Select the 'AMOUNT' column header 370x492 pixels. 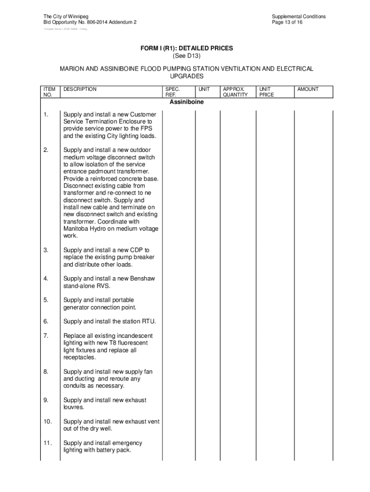pos(308,89)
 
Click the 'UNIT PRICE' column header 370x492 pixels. pos(267,92)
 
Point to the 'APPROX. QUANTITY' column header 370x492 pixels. pos(235,92)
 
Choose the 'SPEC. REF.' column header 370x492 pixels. pos(173,92)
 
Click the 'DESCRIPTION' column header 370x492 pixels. pos(80,89)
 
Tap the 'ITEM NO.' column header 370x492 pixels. pos(49,92)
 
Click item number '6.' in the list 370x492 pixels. pos(46,321)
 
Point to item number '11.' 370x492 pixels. pos(47,443)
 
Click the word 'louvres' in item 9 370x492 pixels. pos(73,407)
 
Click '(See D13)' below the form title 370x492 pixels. pos(186,56)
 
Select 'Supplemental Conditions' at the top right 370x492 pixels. pos(298,16)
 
